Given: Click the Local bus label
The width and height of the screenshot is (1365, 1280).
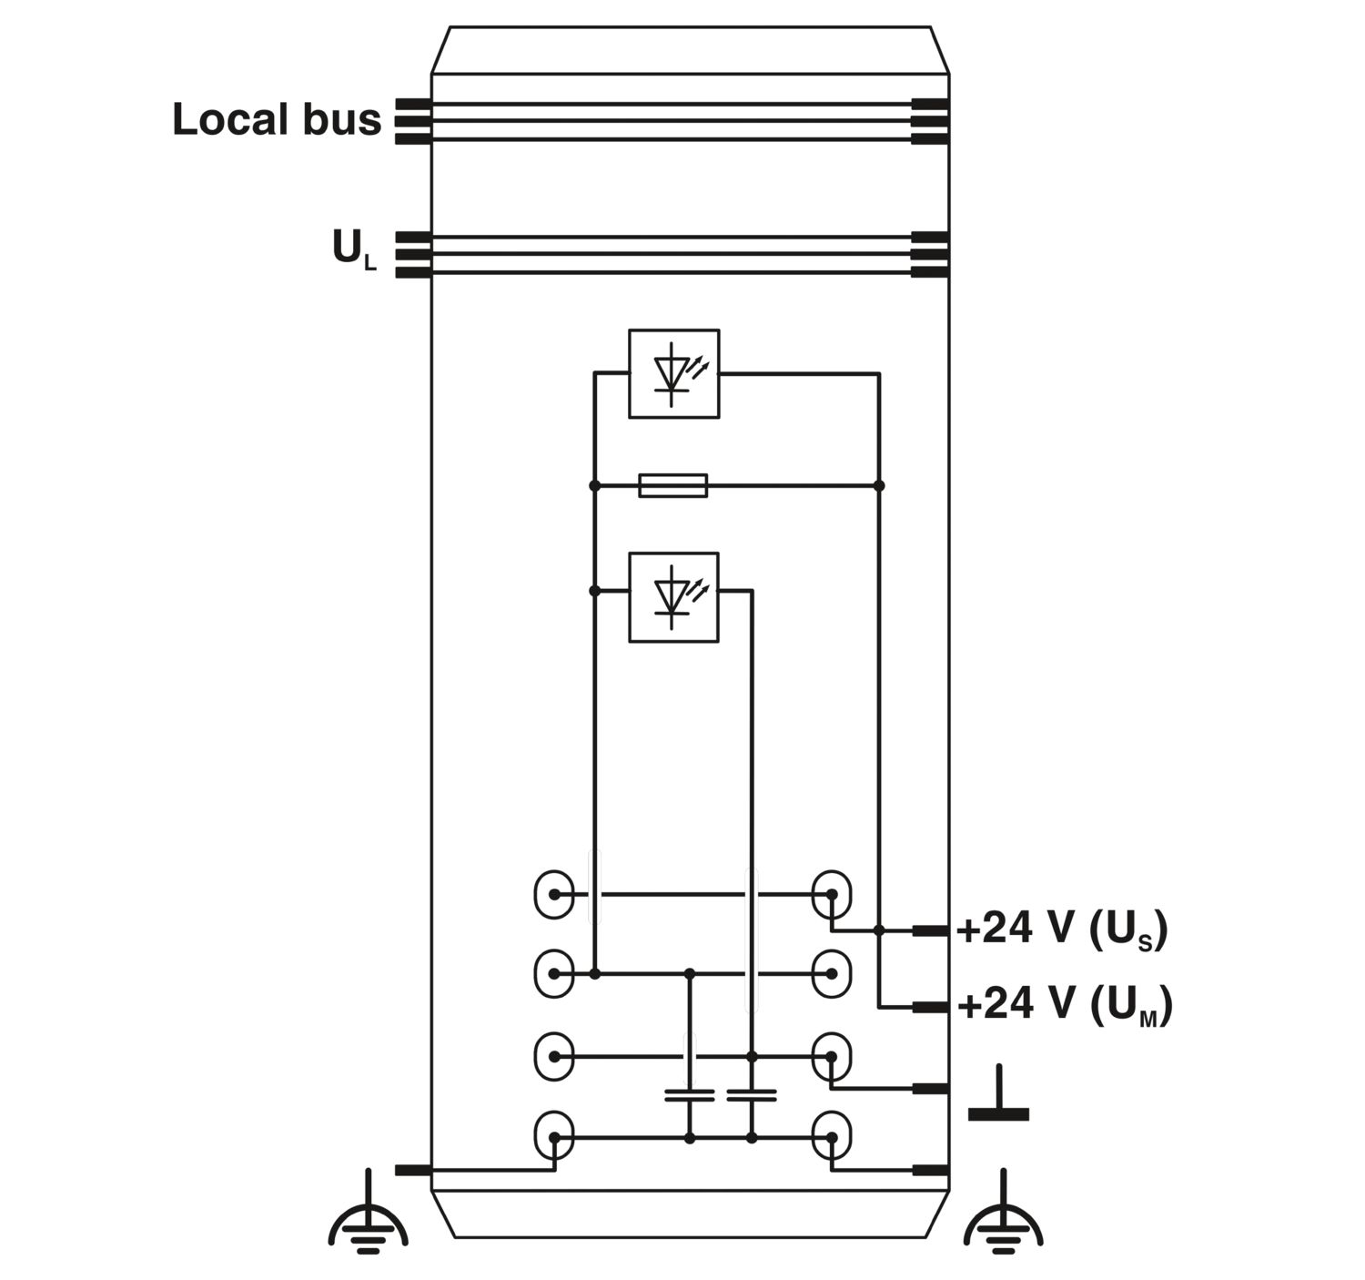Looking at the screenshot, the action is click(x=277, y=119).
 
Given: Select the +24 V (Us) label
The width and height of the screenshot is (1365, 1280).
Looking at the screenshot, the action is click(x=1062, y=930).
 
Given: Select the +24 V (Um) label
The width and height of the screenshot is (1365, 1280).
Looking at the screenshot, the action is click(x=1065, y=1005).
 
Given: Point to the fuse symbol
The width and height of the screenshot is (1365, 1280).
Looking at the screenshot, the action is click(x=672, y=485).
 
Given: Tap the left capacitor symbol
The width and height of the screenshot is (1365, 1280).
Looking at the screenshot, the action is click(x=690, y=1096).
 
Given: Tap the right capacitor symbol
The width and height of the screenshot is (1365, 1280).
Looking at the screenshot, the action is click(x=752, y=1096).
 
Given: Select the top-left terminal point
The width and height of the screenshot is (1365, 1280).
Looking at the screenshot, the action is click(x=554, y=894).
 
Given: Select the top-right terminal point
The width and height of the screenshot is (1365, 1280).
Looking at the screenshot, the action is click(x=832, y=894).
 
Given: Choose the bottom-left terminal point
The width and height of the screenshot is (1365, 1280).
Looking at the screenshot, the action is click(x=554, y=1138).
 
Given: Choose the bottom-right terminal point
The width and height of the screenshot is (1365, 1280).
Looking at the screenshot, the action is click(x=832, y=1138).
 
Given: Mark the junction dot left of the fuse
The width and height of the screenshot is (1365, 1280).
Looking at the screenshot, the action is click(x=595, y=485).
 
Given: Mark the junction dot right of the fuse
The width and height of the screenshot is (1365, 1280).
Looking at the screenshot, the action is click(x=879, y=485).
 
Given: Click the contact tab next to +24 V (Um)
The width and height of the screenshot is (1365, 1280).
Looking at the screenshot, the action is click(x=931, y=1007).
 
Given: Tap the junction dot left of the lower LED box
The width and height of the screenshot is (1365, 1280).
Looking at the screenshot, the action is click(x=595, y=591).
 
